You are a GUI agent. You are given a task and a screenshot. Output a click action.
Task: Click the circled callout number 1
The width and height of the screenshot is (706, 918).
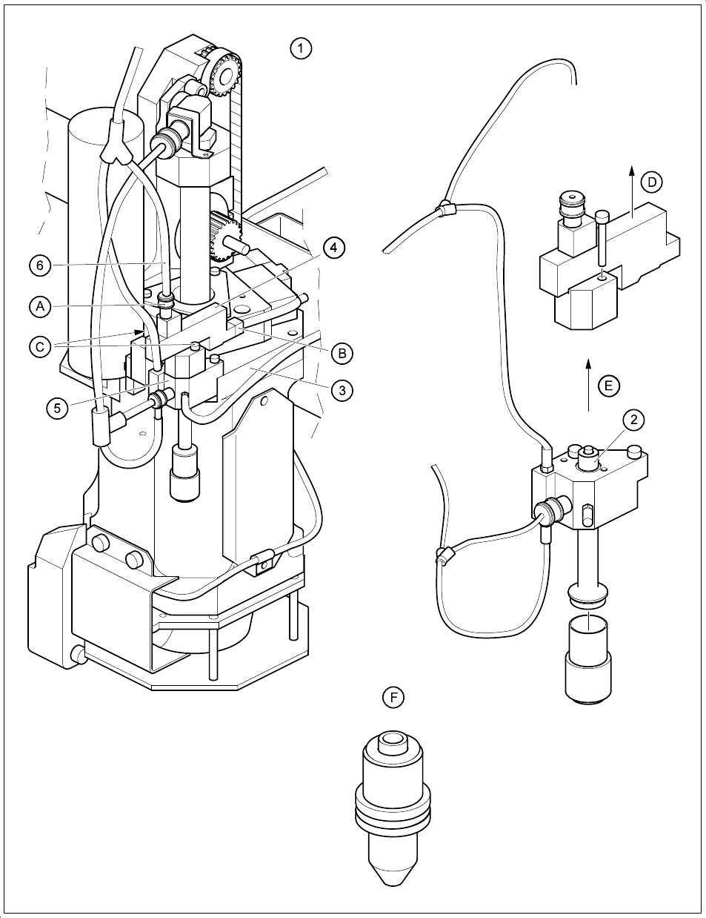tap(300, 49)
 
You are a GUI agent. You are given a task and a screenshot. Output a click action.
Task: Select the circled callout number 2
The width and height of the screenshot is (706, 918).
tap(633, 420)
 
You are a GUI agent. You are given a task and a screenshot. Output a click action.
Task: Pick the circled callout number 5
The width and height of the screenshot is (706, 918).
tap(57, 407)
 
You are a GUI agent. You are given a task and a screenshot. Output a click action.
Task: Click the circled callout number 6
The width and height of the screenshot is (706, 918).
tap(41, 265)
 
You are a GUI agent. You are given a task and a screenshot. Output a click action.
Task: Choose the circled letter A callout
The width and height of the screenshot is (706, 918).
tap(41, 306)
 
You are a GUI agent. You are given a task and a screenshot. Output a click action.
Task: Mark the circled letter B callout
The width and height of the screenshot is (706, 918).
tap(342, 353)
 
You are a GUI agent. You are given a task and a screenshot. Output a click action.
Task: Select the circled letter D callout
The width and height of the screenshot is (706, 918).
tap(651, 182)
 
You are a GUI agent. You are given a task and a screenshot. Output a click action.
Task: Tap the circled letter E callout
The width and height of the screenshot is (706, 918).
tap(608, 386)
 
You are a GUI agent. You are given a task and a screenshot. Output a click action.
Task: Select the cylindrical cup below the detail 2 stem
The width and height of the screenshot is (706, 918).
tap(589, 660)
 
